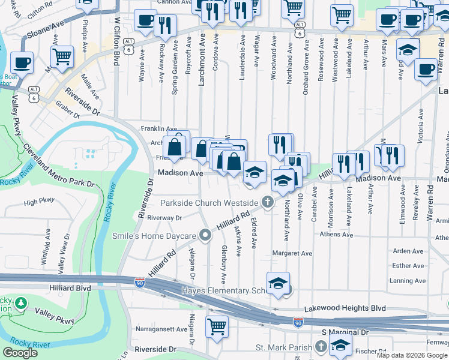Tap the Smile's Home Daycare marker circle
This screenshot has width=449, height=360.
[x=205, y=235]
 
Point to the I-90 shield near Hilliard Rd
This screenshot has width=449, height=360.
[x=139, y=283]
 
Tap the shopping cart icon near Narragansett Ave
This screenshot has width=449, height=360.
[x=217, y=326]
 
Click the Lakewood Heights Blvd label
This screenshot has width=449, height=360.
[x=345, y=308]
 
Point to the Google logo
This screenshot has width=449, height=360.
[x=20, y=353]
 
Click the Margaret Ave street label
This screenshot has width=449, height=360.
[x=292, y=253]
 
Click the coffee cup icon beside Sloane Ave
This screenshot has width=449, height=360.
[x=22, y=62]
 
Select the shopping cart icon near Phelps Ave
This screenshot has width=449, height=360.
[x=62, y=57]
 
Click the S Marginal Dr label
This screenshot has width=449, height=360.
[x=345, y=332]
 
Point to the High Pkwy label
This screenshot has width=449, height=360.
[x=39, y=203]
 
